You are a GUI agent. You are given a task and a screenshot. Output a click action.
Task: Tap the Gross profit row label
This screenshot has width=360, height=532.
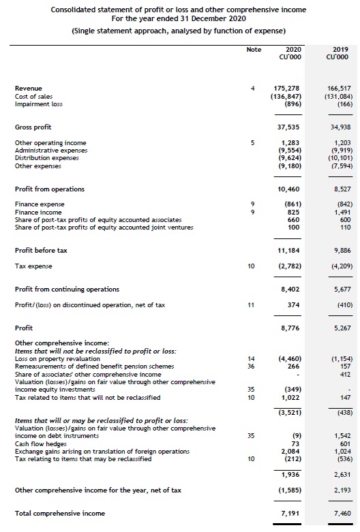[33, 127]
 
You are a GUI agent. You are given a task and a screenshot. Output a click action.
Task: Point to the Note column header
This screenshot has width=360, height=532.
[254, 50]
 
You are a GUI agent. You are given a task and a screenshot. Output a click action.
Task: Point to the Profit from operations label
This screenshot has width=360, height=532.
[50, 189]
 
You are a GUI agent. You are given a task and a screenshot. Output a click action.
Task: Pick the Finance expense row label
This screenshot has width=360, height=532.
[39, 204]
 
